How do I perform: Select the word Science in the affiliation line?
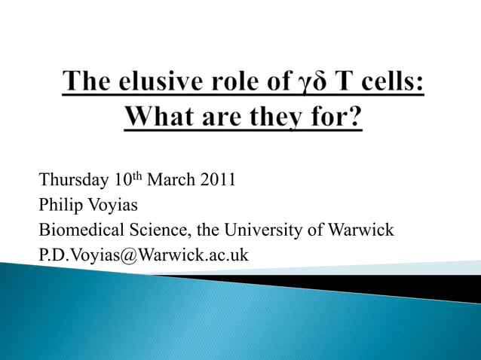click(158, 230)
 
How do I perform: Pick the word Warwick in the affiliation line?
click(360, 230)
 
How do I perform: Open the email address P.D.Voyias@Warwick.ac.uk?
click(143, 255)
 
